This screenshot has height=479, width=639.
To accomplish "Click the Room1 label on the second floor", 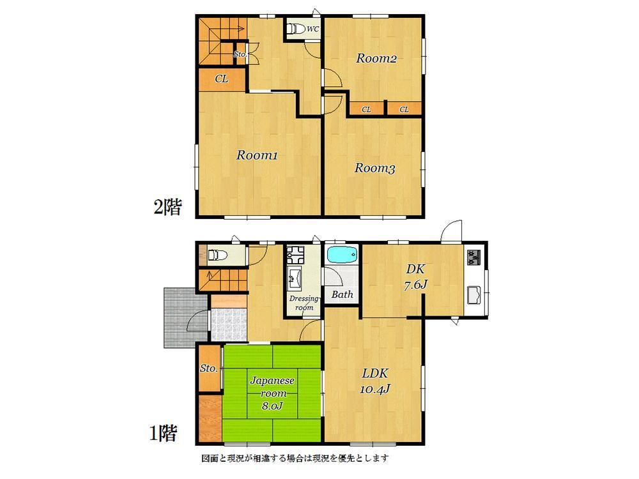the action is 257,155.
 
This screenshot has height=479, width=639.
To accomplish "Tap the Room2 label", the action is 376,58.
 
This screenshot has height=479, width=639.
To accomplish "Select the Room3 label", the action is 374,168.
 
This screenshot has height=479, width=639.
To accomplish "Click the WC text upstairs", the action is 312,29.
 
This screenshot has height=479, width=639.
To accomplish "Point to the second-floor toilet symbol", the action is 295,29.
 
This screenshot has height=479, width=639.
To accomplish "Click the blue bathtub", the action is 342,255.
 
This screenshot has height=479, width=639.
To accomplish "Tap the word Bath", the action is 342,294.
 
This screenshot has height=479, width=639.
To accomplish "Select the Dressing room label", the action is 304,303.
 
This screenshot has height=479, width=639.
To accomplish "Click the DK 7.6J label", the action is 415,277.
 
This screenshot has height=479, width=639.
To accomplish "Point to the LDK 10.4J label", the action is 375,381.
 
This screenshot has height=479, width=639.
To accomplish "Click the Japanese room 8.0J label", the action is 272,393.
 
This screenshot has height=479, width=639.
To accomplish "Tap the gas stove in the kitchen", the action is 473,257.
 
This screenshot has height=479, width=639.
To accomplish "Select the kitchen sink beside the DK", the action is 473,295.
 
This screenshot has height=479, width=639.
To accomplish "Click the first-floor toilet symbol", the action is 217,255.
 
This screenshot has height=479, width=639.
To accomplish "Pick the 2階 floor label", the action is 167,207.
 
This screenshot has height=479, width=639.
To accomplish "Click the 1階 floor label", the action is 164,433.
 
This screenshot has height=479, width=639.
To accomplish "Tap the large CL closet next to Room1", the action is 222,79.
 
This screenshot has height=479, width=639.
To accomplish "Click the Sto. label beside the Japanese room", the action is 209,369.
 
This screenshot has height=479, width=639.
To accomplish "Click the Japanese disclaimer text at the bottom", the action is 295,458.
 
